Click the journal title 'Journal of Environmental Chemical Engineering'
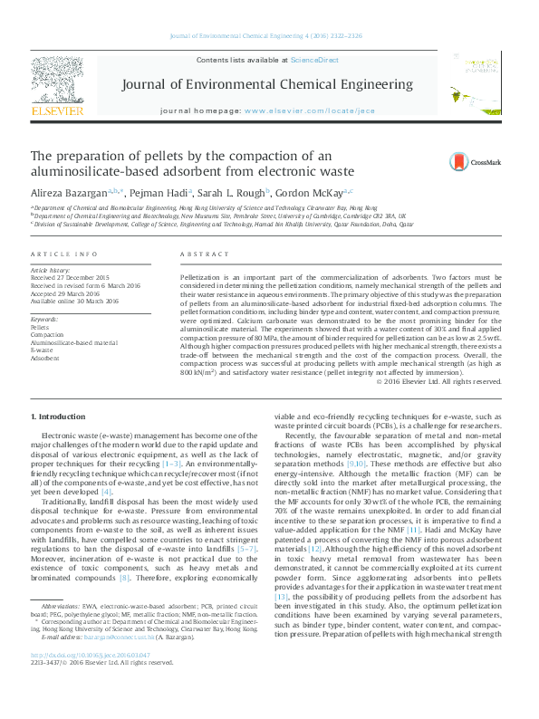pos(268,85)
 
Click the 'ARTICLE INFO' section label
pos(61,256)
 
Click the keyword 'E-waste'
pos(43,350)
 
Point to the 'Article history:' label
pos(50,270)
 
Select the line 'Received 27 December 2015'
pos(70,277)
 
